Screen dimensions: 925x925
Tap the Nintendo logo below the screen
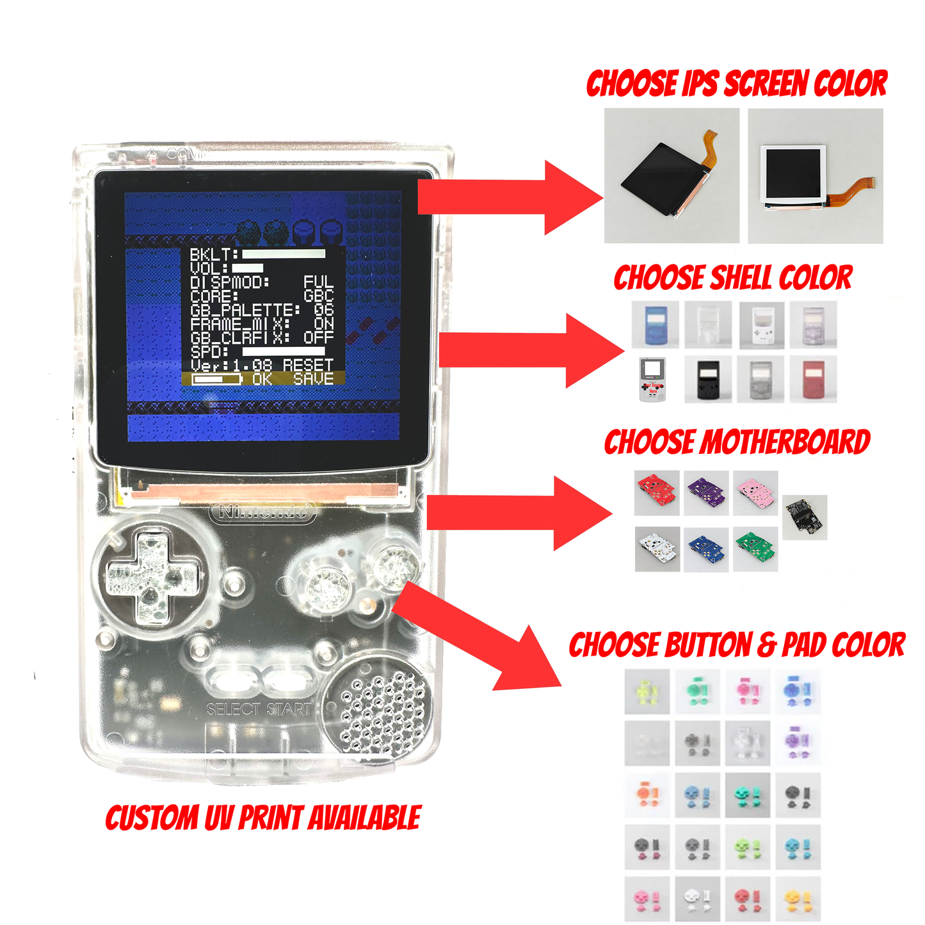click(262, 512)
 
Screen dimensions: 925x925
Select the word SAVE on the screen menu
click(314, 379)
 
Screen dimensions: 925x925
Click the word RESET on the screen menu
click(308, 365)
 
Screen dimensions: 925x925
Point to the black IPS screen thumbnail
click(672, 175)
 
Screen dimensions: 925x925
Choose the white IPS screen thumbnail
click(816, 175)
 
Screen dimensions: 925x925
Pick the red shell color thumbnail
click(813, 379)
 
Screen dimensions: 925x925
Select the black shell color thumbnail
click(707, 379)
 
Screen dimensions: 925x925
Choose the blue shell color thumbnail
click(655, 325)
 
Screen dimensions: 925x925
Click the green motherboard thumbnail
click(756, 549)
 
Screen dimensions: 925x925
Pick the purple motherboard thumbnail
click(706, 493)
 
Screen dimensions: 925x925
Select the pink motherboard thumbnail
click(756, 493)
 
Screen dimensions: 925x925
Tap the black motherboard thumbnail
click(805, 517)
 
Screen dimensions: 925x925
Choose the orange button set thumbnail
click(647, 794)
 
